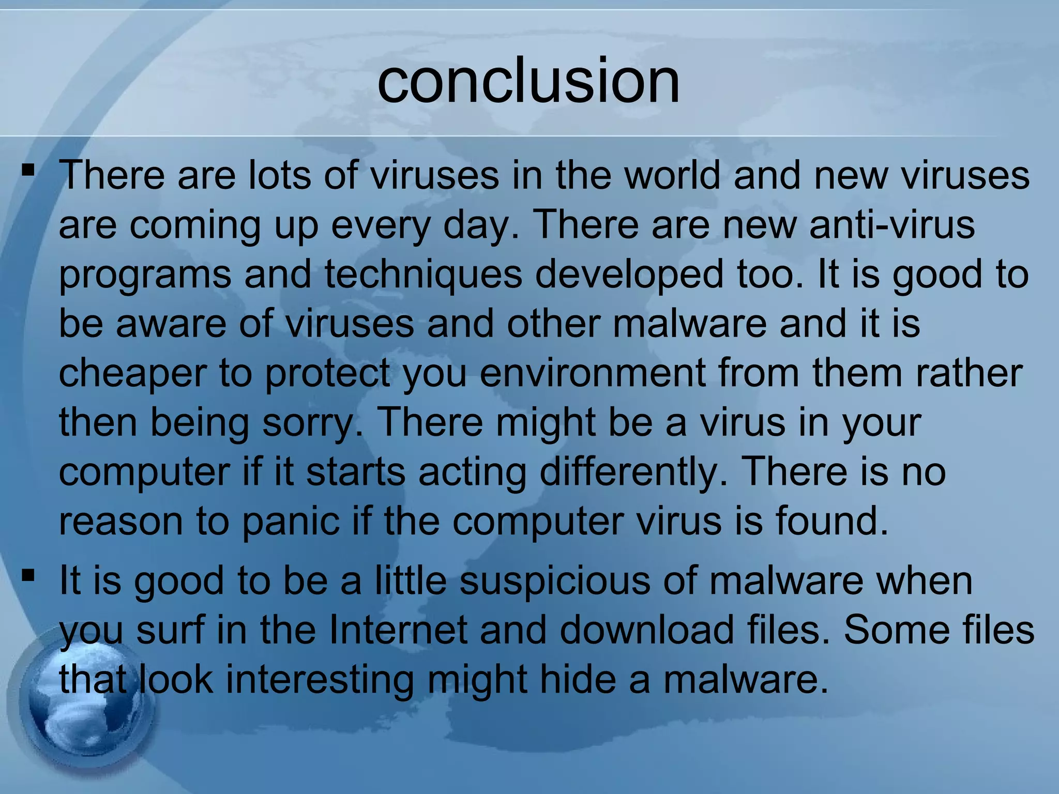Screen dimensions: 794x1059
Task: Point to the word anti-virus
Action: pos(892,224)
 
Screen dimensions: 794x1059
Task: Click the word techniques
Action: pos(423,274)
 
